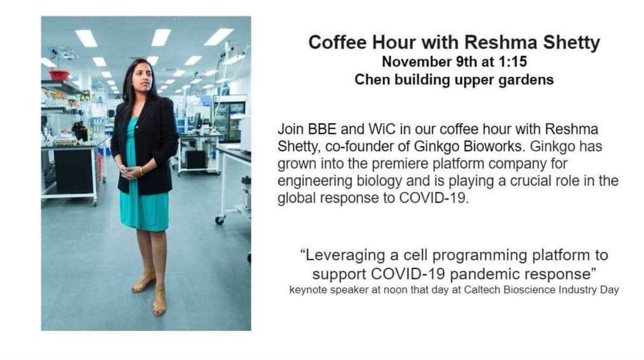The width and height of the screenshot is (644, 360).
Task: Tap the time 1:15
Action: click(513, 62)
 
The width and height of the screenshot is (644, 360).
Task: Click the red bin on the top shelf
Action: click(59, 76)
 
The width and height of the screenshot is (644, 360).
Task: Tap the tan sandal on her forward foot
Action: click(159, 304)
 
